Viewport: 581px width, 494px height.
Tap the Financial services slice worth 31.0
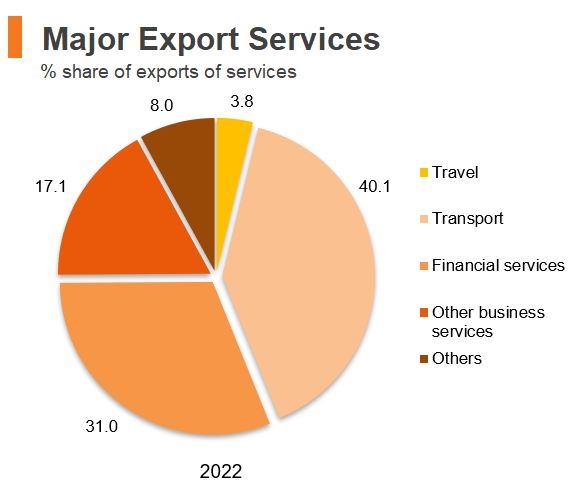(160, 355)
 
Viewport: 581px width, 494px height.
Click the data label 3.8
(240, 101)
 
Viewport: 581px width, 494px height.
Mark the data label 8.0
(163, 104)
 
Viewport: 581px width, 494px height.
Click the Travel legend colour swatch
(423, 173)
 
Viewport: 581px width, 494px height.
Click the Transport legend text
(467, 218)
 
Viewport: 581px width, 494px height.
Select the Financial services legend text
(498, 265)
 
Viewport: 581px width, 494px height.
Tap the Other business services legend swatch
(423, 313)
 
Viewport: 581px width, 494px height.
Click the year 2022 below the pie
(220, 470)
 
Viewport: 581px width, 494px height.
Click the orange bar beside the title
(14, 38)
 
